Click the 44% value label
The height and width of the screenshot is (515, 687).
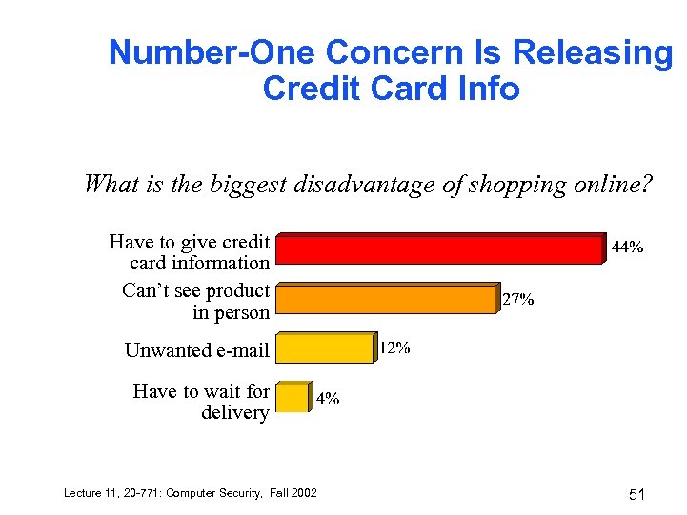click(x=626, y=247)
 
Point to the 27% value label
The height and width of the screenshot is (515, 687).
click(x=517, y=299)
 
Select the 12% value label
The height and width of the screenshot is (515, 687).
click(x=395, y=348)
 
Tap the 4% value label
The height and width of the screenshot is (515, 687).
click(x=328, y=399)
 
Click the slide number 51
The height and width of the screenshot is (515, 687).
click(x=637, y=494)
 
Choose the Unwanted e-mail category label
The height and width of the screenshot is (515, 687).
click(x=196, y=350)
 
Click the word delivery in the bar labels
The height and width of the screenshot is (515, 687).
click(x=235, y=412)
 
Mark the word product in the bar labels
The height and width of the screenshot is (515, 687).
click(x=237, y=290)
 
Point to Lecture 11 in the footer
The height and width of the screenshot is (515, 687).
click(x=88, y=492)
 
